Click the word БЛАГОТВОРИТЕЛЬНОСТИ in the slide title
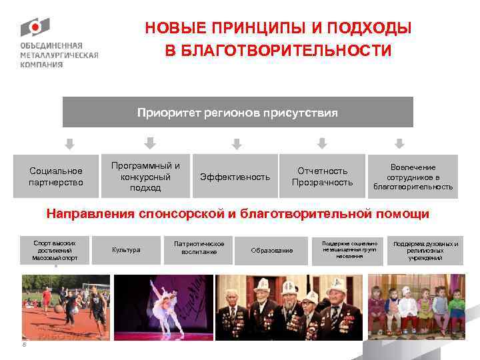point(278,51)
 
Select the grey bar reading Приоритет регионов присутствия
point(237,112)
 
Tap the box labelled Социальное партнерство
point(56,177)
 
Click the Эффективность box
point(235,177)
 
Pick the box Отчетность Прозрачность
point(322,177)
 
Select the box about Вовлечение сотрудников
point(413,177)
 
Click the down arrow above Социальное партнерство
point(69,143)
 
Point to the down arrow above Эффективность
point(235,143)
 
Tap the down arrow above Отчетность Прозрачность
point(322,143)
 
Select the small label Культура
point(127,250)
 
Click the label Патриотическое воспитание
point(199,247)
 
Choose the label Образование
point(271,250)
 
